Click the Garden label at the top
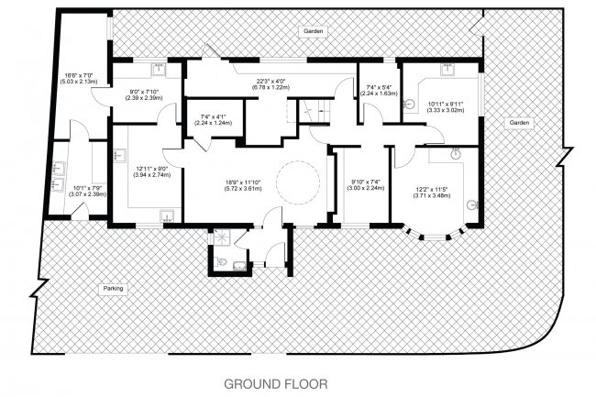point(314,31)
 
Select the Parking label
point(112,288)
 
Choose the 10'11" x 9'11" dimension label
point(444,106)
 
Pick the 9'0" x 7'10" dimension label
point(144,94)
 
